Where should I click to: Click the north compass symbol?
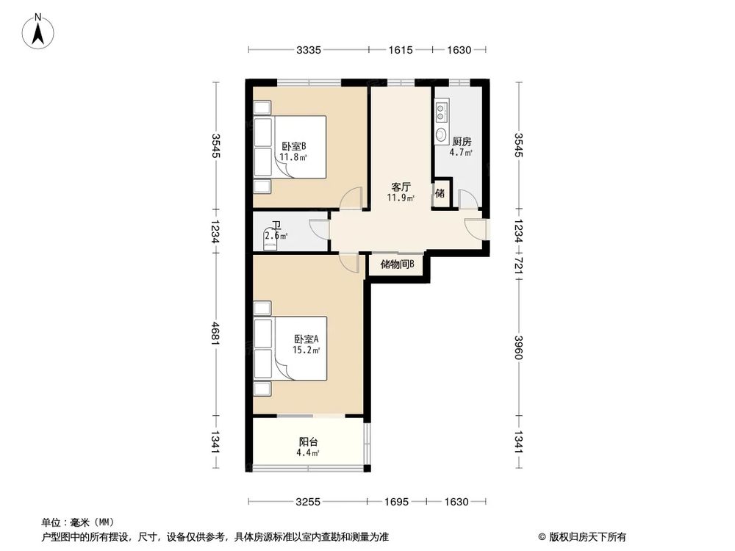click(37, 32)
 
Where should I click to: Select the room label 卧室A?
click(306, 339)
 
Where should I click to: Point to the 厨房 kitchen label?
click(462, 142)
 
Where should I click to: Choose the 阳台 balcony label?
click(308, 442)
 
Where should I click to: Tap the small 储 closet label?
click(440, 194)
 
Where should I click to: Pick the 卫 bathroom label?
click(276, 226)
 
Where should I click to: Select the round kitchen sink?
click(441, 134)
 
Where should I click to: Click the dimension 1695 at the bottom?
click(398, 502)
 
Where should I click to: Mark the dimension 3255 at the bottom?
click(308, 502)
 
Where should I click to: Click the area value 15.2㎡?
click(306, 350)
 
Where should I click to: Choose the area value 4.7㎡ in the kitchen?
click(461, 154)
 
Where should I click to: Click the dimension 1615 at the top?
click(401, 50)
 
